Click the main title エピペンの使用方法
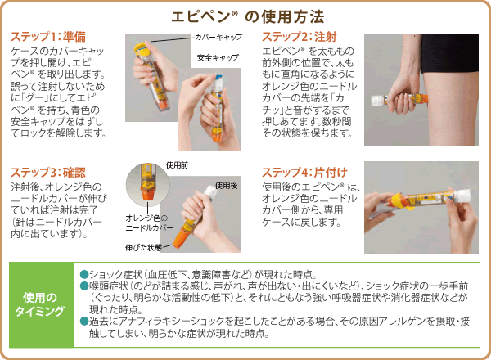point(248,16)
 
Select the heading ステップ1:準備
point(48,37)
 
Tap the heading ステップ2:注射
point(300,37)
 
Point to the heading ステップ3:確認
point(48,173)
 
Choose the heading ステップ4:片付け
point(304,173)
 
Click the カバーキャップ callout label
point(218,38)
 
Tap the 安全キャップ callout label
point(218,58)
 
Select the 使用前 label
point(177,165)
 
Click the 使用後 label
point(226,186)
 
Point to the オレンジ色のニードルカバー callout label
point(149,223)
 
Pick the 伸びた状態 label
point(143,248)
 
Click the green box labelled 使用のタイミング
point(42,304)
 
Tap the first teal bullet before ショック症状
point(84,275)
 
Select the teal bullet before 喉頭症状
point(84,286)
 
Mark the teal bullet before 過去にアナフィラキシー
point(84,322)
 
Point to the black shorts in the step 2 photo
point(449,52)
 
